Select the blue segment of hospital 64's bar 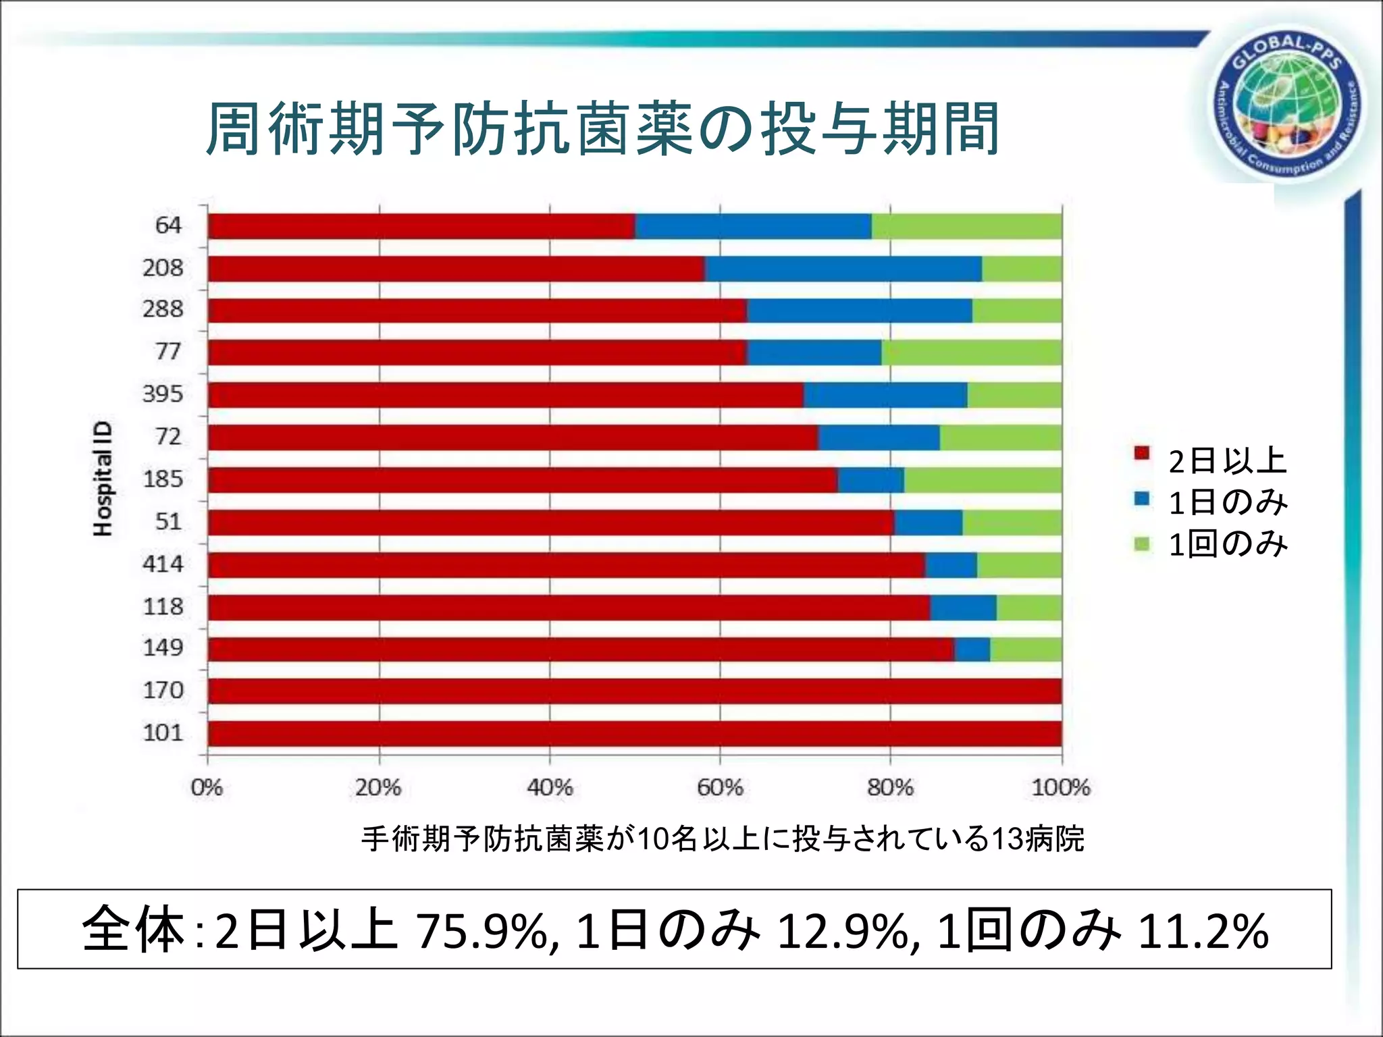[x=753, y=226]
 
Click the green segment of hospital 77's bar [x=971, y=352]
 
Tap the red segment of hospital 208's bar [x=456, y=269]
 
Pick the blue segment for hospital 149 [x=972, y=649]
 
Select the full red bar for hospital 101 [x=635, y=734]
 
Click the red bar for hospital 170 [x=635, y=691]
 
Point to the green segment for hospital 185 [x=983, y=480]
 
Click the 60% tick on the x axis [x=720, y=787]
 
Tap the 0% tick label [x=207, y=787]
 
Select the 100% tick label [x=1060, y=787]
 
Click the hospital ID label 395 [x=163, y=394]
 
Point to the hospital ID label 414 [x=163, y=564]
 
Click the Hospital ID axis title [x=103, y=479]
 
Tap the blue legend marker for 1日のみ [x=1142, y=499]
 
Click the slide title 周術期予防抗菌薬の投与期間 [x=602, y=130]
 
